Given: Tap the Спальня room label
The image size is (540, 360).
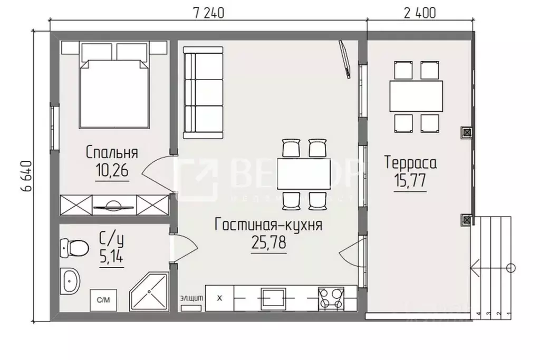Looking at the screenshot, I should point(112,153).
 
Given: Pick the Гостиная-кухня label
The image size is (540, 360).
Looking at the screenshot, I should point(268,226).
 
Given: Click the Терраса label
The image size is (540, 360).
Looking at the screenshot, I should point(410,162).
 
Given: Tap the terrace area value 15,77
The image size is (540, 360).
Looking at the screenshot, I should point(410,180).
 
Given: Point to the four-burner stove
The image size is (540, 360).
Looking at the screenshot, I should point(331,298).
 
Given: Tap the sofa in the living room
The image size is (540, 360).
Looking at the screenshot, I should point(202,92).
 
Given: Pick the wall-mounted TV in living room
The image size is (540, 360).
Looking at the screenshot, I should point(345,60).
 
